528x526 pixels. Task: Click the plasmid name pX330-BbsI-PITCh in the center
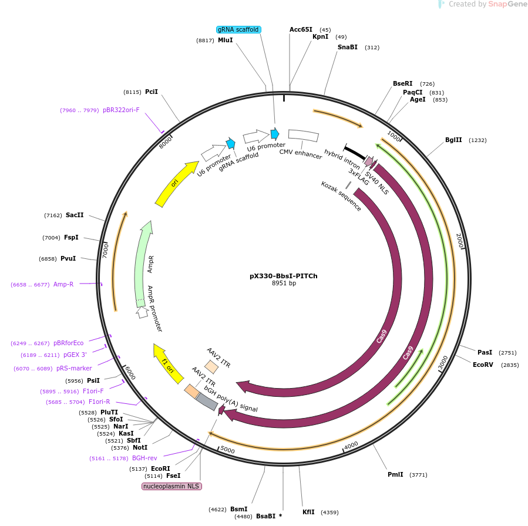(283, 276)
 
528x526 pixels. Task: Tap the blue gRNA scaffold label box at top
(238, 29)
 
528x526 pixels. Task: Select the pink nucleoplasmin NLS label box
(172, 486)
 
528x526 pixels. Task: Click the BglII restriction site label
(453, 140)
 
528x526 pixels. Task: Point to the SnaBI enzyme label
(348, 48)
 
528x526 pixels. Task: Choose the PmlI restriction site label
(395, 474)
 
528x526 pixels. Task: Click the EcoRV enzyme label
(485, 365)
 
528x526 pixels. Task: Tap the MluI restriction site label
(225, 41)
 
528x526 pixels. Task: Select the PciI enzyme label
(152, 92)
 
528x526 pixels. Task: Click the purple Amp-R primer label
(63, 284)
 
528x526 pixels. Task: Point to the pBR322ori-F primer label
(121, 110)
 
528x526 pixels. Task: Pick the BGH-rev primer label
(144, 458)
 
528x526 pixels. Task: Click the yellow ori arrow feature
(176, 183)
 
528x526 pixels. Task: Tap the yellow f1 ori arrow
(167, 363)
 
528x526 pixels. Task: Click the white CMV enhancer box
(303, 136)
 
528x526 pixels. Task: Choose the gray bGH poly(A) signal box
(207, 402)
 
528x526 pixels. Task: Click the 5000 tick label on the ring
(227, 450)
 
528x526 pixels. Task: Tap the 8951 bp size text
(284, 284)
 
